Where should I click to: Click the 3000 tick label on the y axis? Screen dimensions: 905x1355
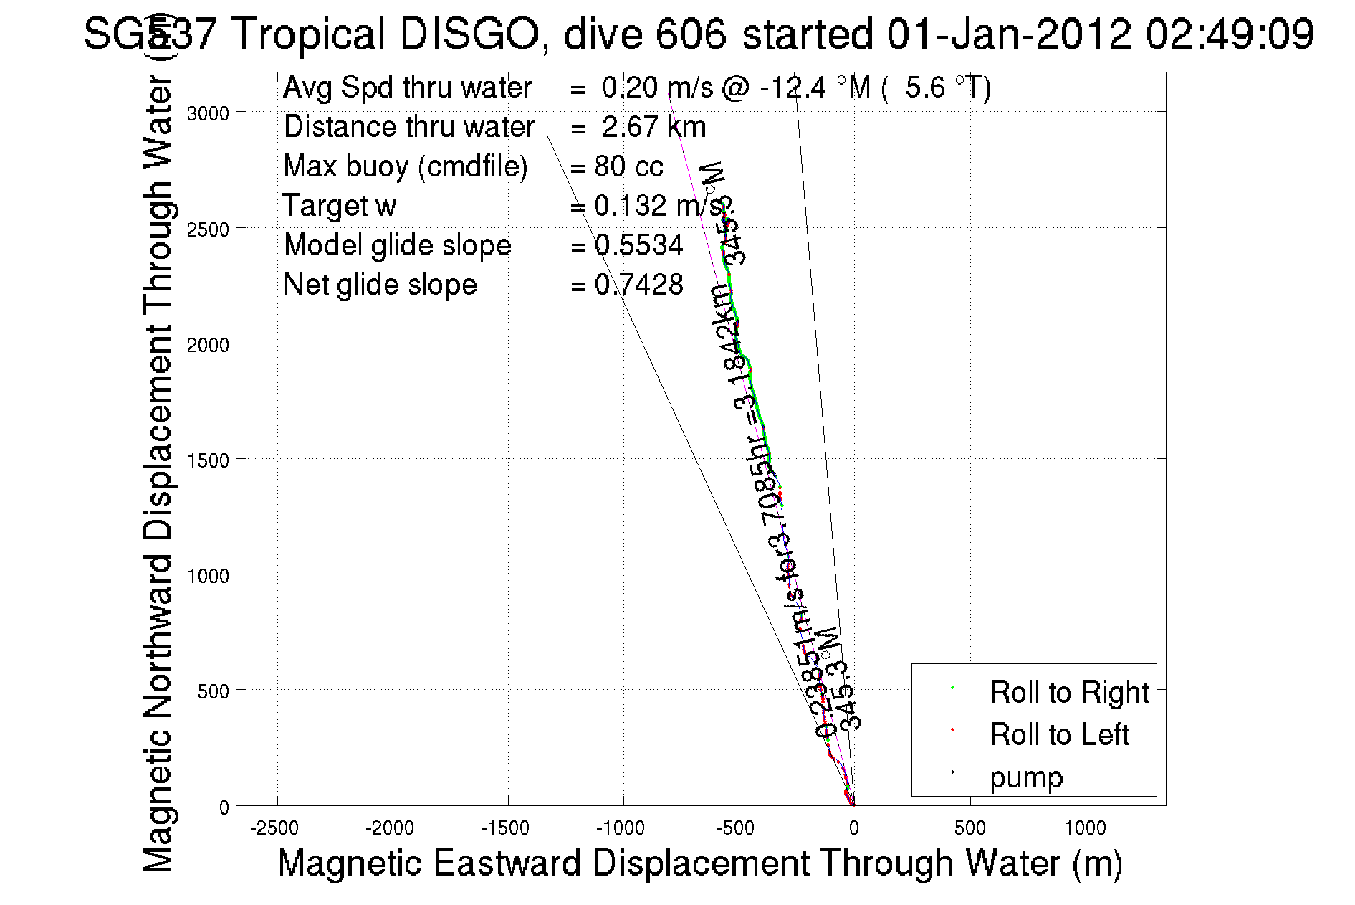point(208,113)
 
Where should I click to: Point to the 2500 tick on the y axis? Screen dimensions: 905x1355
point(236,228)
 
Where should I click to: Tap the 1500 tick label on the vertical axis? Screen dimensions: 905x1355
point(208,460)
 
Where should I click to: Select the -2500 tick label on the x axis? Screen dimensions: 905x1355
point(274,828)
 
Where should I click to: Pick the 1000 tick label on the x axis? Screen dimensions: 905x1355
point(1085,828)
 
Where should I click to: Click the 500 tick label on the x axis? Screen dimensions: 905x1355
point(969,828)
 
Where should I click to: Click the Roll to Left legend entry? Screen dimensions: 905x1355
point(1059,734)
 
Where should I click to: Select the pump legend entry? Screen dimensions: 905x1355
point(1026,777)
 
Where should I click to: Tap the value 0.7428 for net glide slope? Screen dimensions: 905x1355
point(638,285)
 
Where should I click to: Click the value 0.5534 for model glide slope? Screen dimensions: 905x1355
point(638,245)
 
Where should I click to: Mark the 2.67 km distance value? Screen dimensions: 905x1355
point(653,127)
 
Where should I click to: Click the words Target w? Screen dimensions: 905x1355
point(340,206)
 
